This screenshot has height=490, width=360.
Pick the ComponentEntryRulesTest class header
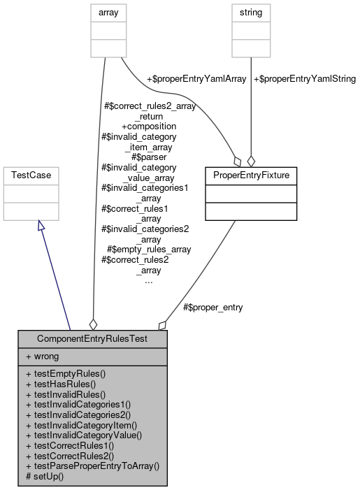coord(92,338)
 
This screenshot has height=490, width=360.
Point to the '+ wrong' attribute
coord(43,356)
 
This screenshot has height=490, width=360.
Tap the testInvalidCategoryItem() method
coord(81,424)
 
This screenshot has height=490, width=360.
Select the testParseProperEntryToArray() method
coord(92,464)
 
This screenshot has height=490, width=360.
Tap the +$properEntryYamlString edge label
coord(305,79)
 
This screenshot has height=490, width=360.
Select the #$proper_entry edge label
coord(213,307)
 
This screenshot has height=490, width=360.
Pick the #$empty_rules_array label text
coord(149,248)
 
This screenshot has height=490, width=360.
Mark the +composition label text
coord(148,127)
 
